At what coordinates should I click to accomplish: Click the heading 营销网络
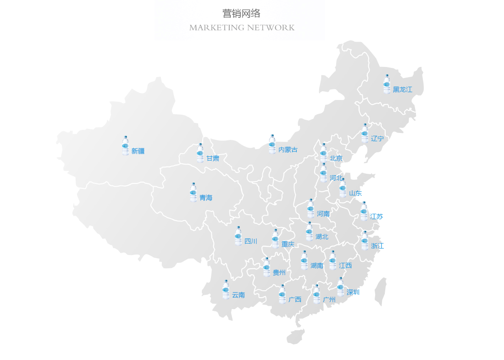241,14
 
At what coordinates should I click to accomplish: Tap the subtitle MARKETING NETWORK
242,28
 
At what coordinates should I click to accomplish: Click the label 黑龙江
402,90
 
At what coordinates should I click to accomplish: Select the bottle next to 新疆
125,146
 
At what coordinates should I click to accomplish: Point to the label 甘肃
212,159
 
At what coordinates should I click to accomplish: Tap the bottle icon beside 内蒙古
272,144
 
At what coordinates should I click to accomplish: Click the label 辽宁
377,138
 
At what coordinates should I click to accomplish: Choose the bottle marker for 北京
323,153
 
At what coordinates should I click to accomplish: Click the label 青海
206,198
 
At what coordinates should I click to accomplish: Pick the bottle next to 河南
310,209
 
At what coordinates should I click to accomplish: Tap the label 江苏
377,216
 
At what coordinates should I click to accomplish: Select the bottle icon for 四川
238,236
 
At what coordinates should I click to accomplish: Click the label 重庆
288,244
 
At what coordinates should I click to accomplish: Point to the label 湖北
322,237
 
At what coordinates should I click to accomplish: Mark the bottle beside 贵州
266,267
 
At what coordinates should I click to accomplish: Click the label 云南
238,295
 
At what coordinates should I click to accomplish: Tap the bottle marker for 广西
282,294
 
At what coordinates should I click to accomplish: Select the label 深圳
353,293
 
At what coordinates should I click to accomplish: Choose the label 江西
345,266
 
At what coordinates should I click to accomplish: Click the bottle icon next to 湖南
304,260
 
